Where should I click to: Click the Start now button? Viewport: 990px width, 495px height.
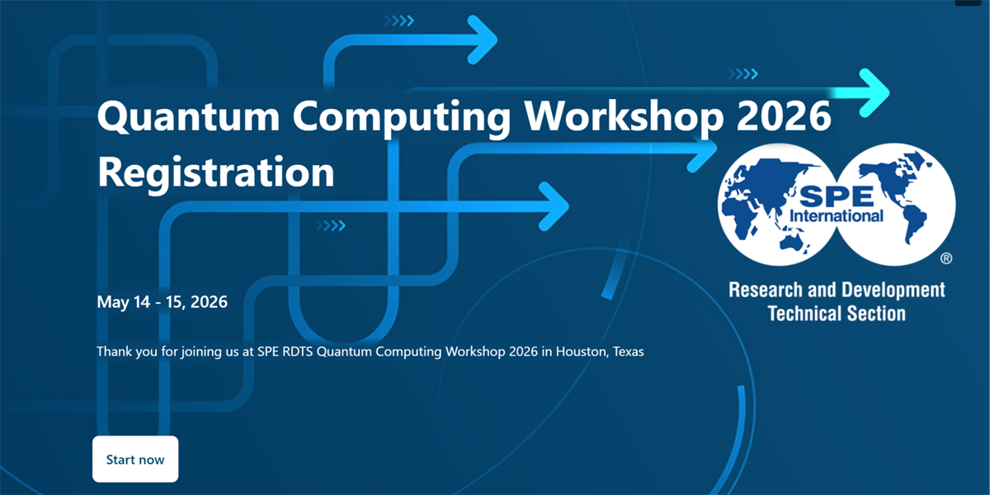[x=135, y=460]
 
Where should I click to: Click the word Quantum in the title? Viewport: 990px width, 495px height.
[x=189, y=116]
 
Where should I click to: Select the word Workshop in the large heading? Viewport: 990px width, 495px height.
[x=624, y=117]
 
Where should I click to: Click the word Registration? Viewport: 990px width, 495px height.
[x=216, y=173]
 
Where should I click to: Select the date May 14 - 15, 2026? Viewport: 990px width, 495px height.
[x=163, y=302]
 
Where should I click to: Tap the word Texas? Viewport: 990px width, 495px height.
[x=628, y=351]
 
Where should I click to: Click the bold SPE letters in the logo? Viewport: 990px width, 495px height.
[x=837, y=196]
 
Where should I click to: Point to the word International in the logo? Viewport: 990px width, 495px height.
[x=837, y=215]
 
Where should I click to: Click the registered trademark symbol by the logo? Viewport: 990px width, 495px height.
[x=946, y=258]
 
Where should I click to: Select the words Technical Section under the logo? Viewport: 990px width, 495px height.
[x=837, y=313]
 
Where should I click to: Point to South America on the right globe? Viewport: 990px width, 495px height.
[x=913, y=225]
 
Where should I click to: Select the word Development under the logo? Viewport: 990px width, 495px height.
[x=893, y=290]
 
